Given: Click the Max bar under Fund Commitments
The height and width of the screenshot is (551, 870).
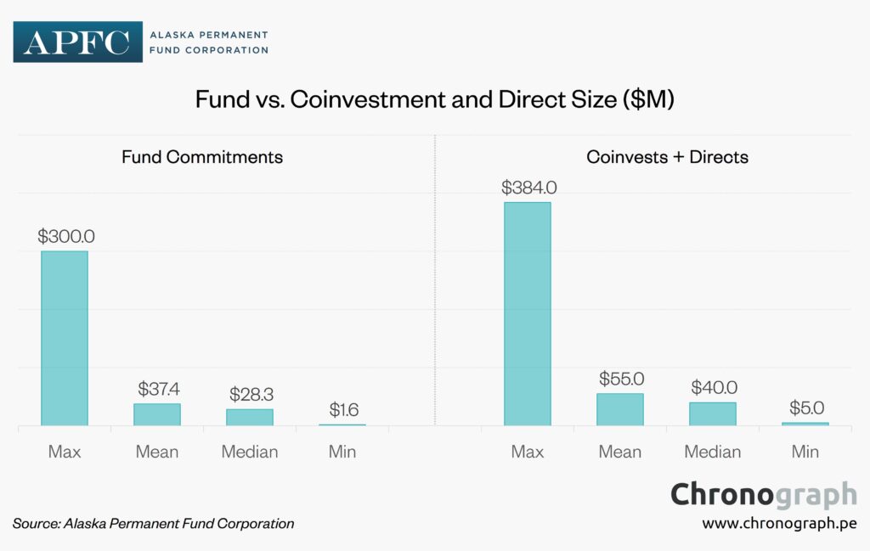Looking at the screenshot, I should pos(65,338).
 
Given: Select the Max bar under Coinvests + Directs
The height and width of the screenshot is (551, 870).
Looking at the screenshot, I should pos(527,314).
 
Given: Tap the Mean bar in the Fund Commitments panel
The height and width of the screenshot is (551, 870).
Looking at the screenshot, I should pos(157,414).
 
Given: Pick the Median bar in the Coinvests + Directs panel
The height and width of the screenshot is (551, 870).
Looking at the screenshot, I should pos(712,413).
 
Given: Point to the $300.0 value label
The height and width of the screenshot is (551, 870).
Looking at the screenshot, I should pos(65,237).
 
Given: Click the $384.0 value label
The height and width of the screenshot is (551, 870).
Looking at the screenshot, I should pos(528,188).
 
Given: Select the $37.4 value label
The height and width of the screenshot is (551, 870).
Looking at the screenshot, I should pos(157,389).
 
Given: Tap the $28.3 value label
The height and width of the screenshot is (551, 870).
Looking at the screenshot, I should pos(250,395).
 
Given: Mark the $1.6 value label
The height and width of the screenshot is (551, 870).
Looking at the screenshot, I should pos(342,410).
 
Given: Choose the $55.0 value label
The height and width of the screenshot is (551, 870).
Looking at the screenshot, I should pos(620,379).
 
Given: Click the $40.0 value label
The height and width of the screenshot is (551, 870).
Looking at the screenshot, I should pos(713,387).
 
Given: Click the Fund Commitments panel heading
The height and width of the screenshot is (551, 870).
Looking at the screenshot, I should pos(202,157).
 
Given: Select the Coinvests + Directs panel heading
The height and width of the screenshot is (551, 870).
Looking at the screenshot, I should pos(667,157).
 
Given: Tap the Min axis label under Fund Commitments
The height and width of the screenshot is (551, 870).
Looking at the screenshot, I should pos(342,452).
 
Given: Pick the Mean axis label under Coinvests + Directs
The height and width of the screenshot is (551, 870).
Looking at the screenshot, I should pos(620,452).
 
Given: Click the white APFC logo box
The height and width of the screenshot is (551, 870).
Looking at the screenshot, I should pos(76,42).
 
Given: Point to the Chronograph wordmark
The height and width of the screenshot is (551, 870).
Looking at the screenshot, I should pos(764,494).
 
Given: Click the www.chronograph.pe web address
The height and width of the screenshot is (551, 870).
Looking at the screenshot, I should pos(779,523).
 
